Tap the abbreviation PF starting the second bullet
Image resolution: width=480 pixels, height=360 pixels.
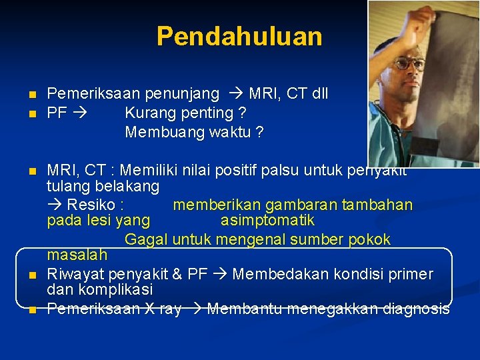(57, 113)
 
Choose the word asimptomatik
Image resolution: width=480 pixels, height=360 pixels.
(267, 220)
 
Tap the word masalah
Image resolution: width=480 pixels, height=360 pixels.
(77, 255)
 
